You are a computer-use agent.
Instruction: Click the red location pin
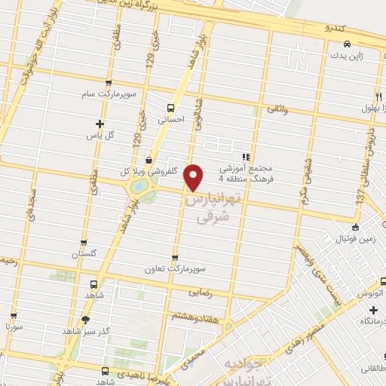pyautogui.click(x=194, y=176)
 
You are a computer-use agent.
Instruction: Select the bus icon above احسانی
pyautogui.click(x=170, y=107)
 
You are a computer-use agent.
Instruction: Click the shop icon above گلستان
pyautogui.click(x=84, y=244)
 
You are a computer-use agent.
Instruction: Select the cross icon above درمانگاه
pyautogui.click(x=373, y=310)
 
